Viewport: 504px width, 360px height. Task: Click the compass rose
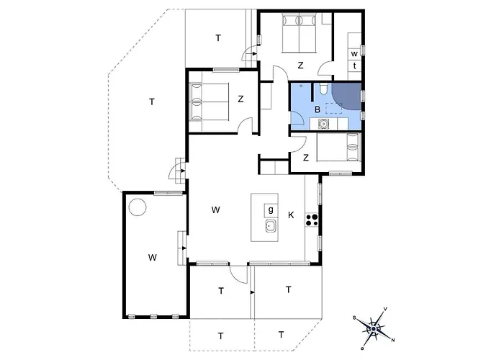[373, 328]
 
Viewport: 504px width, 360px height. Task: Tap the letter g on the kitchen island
[271, 210]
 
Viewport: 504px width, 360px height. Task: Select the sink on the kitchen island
[271, 228]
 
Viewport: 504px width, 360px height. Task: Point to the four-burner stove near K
[312, 219]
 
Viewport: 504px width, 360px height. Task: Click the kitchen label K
[291, 215]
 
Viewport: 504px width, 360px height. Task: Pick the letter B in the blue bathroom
[317, 109]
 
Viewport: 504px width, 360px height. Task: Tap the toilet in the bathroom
[324, 89]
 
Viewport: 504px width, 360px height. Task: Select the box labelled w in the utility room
[354, 54]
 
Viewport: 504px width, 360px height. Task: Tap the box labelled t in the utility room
[354, 66]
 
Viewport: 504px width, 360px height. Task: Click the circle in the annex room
[137, 210]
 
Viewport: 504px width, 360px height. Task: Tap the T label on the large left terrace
[152, 102]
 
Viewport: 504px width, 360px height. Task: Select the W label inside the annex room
[153, 257]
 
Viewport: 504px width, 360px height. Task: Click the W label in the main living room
[215, 210]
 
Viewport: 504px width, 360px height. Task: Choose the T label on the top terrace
[217, 37]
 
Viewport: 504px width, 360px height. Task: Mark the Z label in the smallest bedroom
[306, 158]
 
